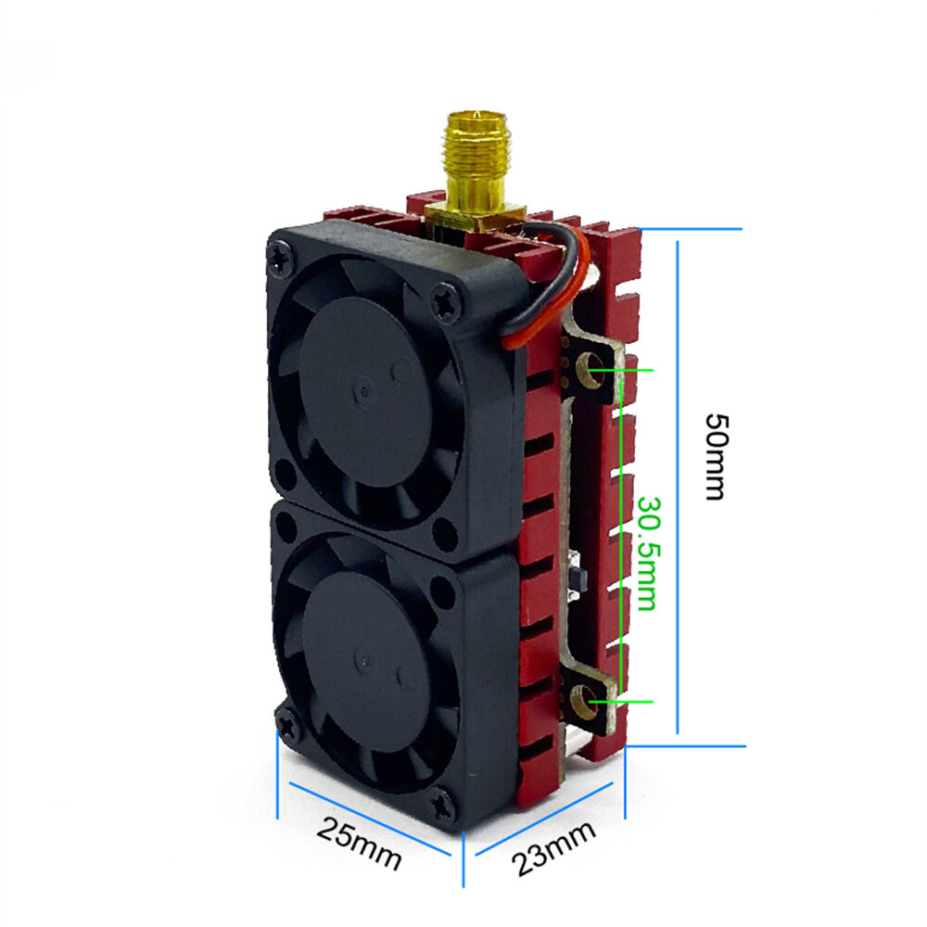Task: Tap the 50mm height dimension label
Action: [x=718, y=457]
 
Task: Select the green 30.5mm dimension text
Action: [x=647, y=553]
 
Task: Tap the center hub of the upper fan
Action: [x=364, y=391]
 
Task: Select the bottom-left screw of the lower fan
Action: [x=289, y=724]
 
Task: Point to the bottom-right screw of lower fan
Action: [x=443, y=805]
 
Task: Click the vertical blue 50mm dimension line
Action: [x=678, y=488]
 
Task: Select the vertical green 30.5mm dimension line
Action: [x=621, y=536]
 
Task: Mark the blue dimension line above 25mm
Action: [x=370, y=819]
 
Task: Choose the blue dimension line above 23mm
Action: [x=544, y=819]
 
